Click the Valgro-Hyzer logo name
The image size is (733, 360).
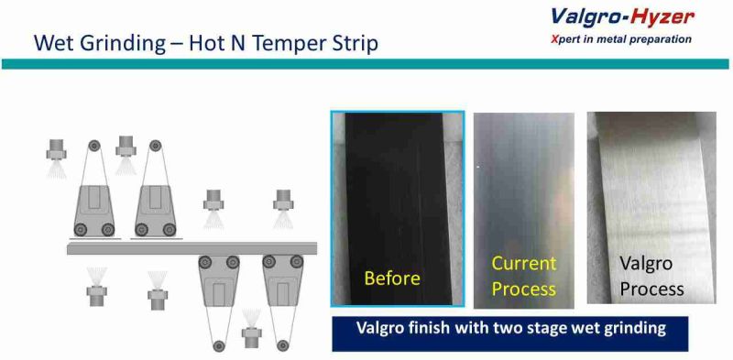pos(623,16)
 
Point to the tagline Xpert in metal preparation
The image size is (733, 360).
pos(622,39)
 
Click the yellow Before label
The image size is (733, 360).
pos(392,278)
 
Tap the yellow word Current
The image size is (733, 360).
pos(523,264)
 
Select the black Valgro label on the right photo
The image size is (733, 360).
pos(646,263)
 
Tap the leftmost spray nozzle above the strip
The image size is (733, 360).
pos(58,147)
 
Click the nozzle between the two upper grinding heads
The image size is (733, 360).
pos(126,147)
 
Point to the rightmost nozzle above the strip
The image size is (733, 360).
pos(281,200)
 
